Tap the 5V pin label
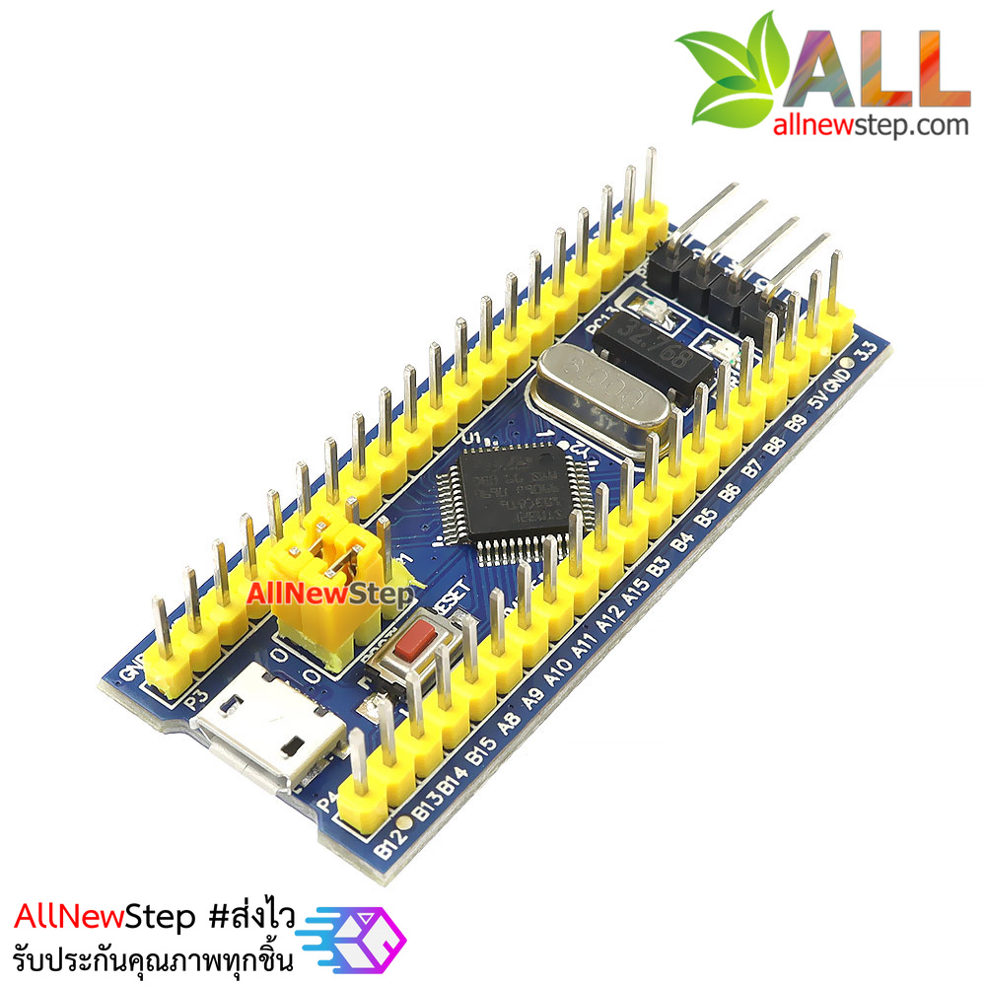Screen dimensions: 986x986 click(x=817, y=404)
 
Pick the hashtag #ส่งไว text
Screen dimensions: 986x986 click(x=252, y=918)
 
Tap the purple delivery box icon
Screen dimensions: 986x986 click(x=366, y=935)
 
